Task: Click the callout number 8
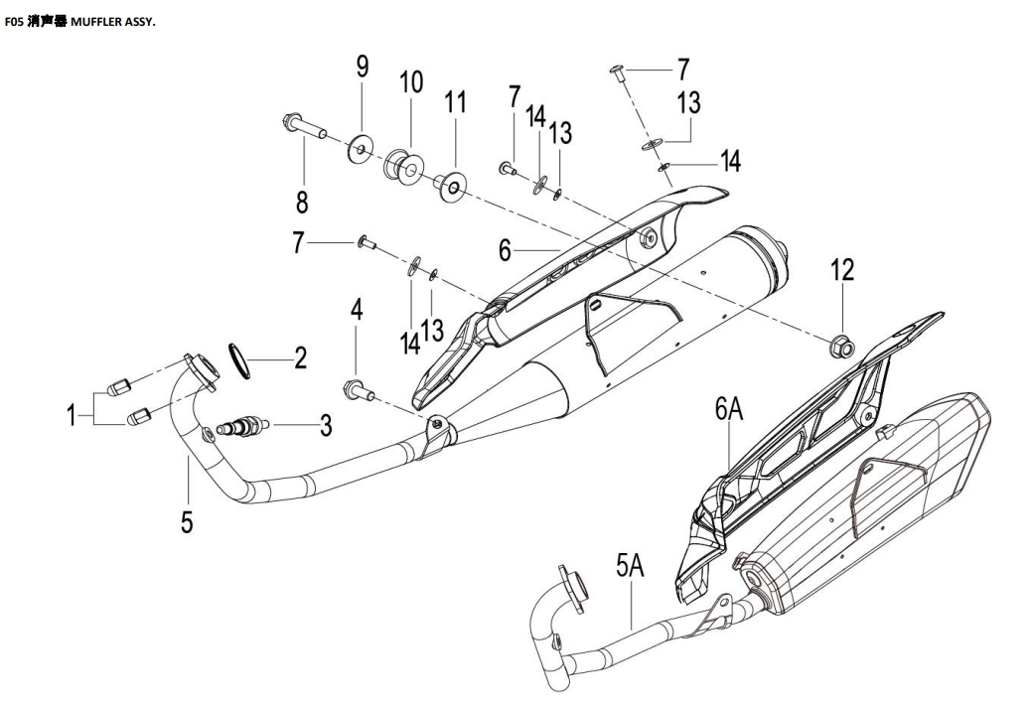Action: pos(302,202)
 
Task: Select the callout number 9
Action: pos(363,67)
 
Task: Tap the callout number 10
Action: pos(411,82)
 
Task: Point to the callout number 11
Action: pos(455,102)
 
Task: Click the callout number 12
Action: pos(842,269)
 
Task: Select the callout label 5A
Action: pos(630,566)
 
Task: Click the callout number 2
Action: pos(300,357)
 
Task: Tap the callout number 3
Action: pos(326,425)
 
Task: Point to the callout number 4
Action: pos(357,309)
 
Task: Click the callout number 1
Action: pos(72,416)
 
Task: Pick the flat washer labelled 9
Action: pos(360,149)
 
